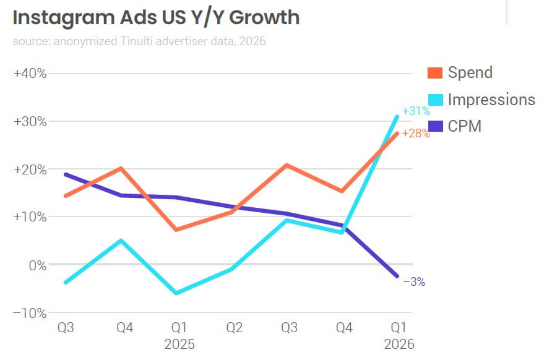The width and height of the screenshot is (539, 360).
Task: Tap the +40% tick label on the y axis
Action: pos(30,73)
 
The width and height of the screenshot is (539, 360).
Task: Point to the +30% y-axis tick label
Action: pos(30,121)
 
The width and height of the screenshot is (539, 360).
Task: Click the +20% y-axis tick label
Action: pos(30,169)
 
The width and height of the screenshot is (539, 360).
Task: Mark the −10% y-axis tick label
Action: pos(30,312)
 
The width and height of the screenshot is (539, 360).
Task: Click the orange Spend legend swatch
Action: pos(435,73)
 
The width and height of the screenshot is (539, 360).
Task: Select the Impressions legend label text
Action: pos(491,100)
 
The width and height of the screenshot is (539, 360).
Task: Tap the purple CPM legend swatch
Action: pos(435,126)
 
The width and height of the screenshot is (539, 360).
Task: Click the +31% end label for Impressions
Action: pos(416,111)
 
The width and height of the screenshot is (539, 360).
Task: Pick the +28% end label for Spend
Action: pos(416,133)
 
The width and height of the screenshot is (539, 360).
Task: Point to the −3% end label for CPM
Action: pos(414,282)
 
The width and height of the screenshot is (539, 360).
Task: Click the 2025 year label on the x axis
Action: pos(179,344)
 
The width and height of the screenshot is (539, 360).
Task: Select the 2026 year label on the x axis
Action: pos(399,344)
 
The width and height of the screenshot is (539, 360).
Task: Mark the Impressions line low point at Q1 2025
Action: pos(176,293)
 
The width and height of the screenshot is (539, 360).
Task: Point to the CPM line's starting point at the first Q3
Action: pos(66,174)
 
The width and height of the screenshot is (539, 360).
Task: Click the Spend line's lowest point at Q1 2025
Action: pos(176,229)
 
